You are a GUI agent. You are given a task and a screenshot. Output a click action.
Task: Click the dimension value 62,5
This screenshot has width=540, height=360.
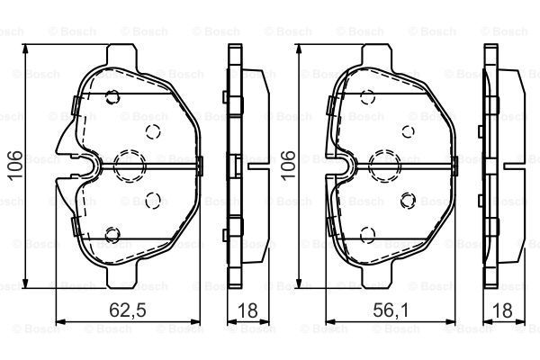click(128, 310)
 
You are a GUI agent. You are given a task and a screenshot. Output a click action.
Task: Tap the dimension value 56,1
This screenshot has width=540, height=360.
click(391, 310)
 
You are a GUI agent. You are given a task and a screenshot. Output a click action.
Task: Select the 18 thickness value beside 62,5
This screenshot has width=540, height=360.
click(247, 310)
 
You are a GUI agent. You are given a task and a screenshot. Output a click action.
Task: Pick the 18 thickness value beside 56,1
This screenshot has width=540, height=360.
click(502, 310)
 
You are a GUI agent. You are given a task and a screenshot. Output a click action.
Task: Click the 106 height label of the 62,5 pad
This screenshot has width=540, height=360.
click(16, 165)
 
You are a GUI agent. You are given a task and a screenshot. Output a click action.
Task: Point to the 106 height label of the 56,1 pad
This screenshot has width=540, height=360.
click(288, 165)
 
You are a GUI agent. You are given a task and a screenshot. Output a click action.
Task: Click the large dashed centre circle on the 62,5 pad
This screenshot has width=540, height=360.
click(130, 166)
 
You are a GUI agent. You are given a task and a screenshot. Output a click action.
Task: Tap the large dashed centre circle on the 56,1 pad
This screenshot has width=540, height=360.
click(384, 166)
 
